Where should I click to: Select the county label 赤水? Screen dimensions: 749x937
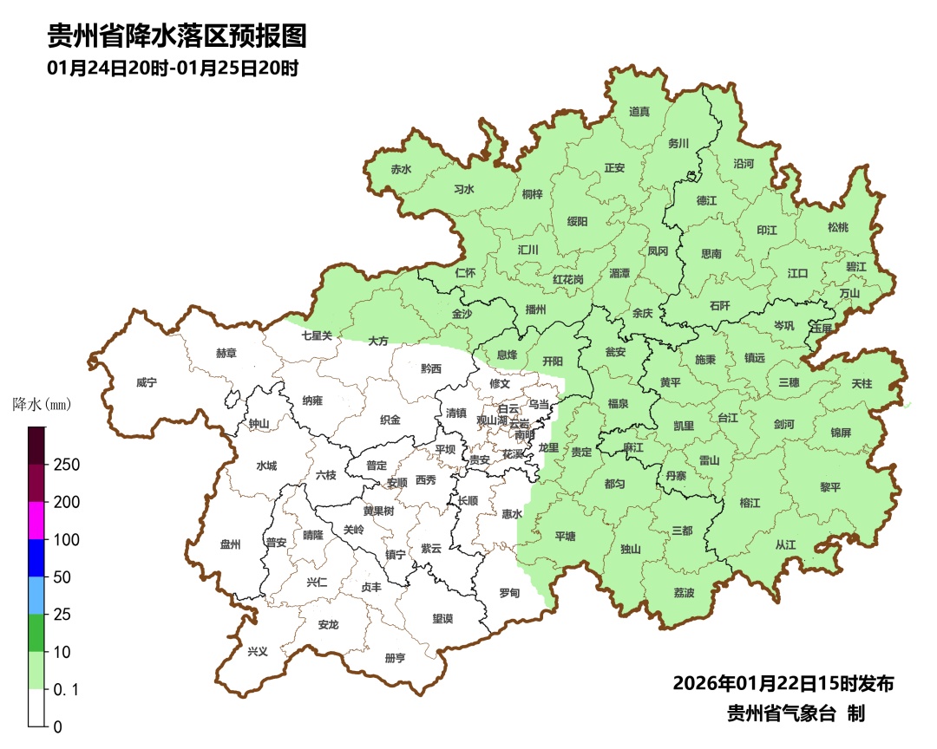click(x=401, y=169)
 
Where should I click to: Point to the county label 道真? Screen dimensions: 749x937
click(x=639, y=111)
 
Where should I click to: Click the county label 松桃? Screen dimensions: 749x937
click(x=837, y=227)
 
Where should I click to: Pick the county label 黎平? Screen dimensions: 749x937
click(x=830, y=487)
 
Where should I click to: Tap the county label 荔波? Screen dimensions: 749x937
click(x=684, y=593)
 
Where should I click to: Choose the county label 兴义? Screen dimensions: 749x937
click(x=258, y=651)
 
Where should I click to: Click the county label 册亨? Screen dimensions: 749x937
click(x=395, y=658)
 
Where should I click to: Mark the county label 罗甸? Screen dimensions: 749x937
click(x=509, y=593)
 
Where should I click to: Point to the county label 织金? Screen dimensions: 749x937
click(x=390, y=420)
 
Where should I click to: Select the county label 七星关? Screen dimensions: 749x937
click(x=317, y=335)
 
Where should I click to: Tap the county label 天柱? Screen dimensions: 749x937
click(x=862, y=382)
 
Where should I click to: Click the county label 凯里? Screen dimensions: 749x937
click(x=684, y=426)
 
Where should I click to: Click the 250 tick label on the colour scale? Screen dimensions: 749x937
click(x=67, y=465)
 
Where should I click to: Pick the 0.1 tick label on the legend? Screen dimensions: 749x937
click(x=67, y=689)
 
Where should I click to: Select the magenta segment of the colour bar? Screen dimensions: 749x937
click(x=36, y=520)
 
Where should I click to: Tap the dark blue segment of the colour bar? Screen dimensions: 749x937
click(x=36, y=557)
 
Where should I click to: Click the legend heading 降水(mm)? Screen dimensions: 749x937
click(x=42, y=404)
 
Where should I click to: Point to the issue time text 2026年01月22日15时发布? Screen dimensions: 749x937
click(x=783, y=683)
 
